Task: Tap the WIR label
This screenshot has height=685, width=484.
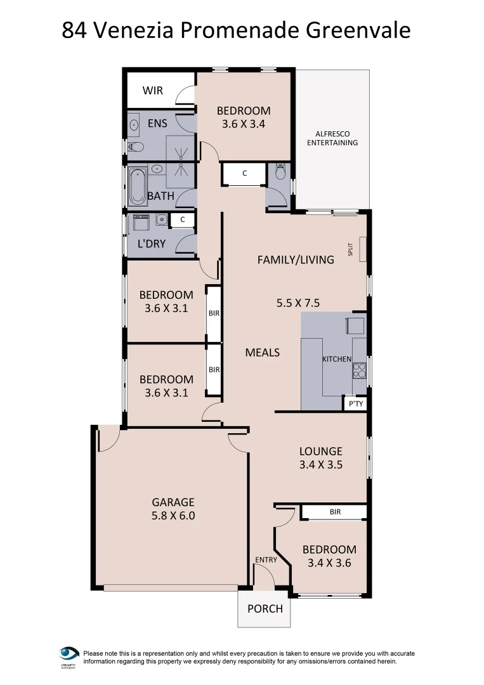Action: click(152, 90)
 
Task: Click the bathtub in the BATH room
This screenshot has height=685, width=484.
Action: click(136, 185)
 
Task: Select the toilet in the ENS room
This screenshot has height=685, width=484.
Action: click(136, 148)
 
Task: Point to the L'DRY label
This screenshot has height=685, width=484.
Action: click(152, 243)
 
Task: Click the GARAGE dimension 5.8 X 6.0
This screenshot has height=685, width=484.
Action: click(173, 516)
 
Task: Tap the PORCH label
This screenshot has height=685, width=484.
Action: click(265, 608)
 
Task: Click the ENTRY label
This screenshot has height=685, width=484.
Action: click(266, 559)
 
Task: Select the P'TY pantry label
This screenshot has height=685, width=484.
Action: click(355, 403)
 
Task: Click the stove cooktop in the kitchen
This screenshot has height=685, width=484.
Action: click(360, 369)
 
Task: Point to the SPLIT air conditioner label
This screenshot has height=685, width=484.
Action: click(350, 249)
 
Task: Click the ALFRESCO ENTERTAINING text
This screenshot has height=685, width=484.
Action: click(332, 138)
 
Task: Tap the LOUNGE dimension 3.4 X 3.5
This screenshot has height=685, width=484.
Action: click(320, 464)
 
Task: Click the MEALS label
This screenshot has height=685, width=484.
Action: click(262, 352)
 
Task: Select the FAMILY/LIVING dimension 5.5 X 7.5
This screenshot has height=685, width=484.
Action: click(298, 303)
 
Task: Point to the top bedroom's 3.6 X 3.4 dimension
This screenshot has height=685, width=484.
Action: click(244, 124)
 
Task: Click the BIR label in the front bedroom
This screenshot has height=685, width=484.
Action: click(334, 511)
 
